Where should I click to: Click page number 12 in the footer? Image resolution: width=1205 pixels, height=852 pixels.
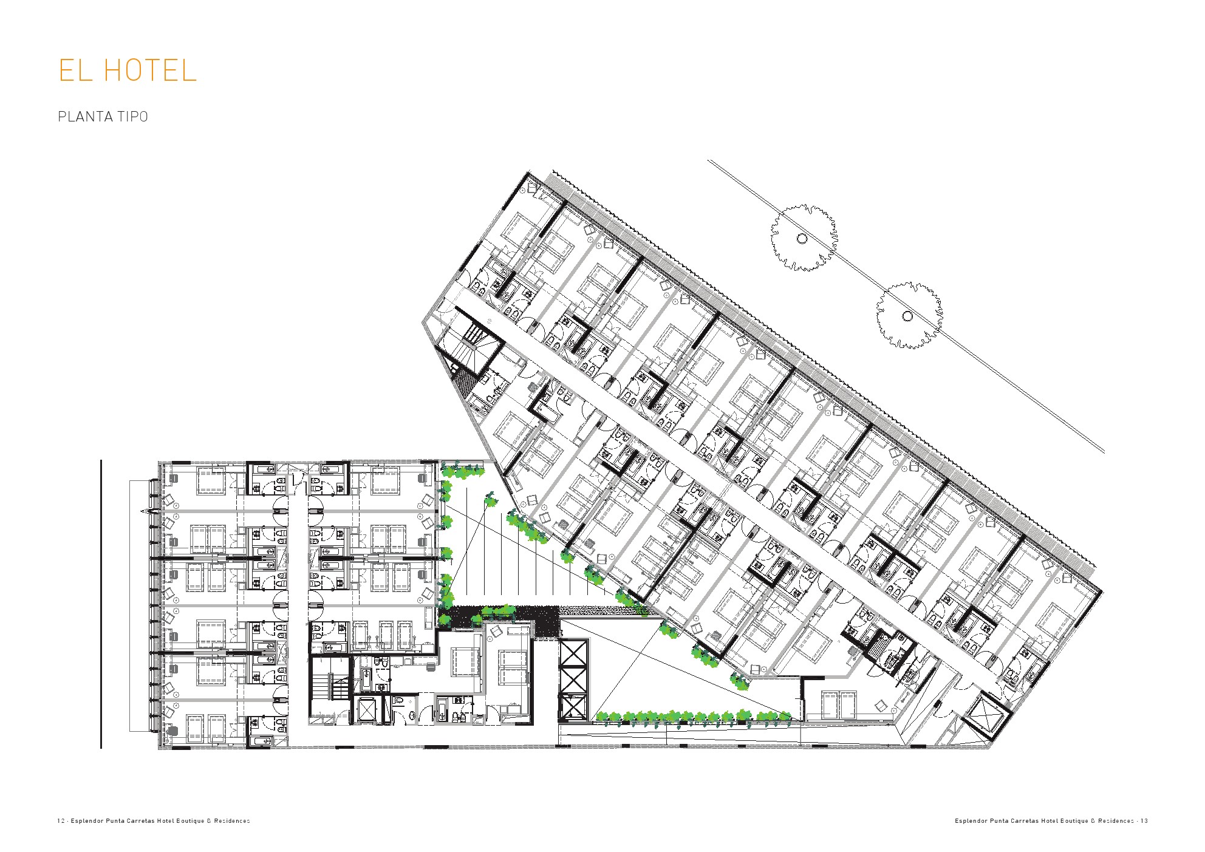click(61, 821)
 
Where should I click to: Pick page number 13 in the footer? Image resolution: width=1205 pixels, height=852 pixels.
click(1144, 821)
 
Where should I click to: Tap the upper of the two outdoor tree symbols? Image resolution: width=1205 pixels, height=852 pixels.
click(803, 238)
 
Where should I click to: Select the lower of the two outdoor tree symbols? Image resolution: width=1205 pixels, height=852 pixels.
click(909, 316)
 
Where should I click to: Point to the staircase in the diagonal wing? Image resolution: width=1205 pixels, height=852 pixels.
click(473, 342)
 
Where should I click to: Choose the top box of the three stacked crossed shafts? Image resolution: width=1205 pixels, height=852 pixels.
click(574, 653)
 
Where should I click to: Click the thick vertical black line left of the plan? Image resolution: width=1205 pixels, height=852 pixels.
click(101, 604)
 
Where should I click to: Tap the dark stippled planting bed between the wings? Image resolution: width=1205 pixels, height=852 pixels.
click(498, 621)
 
